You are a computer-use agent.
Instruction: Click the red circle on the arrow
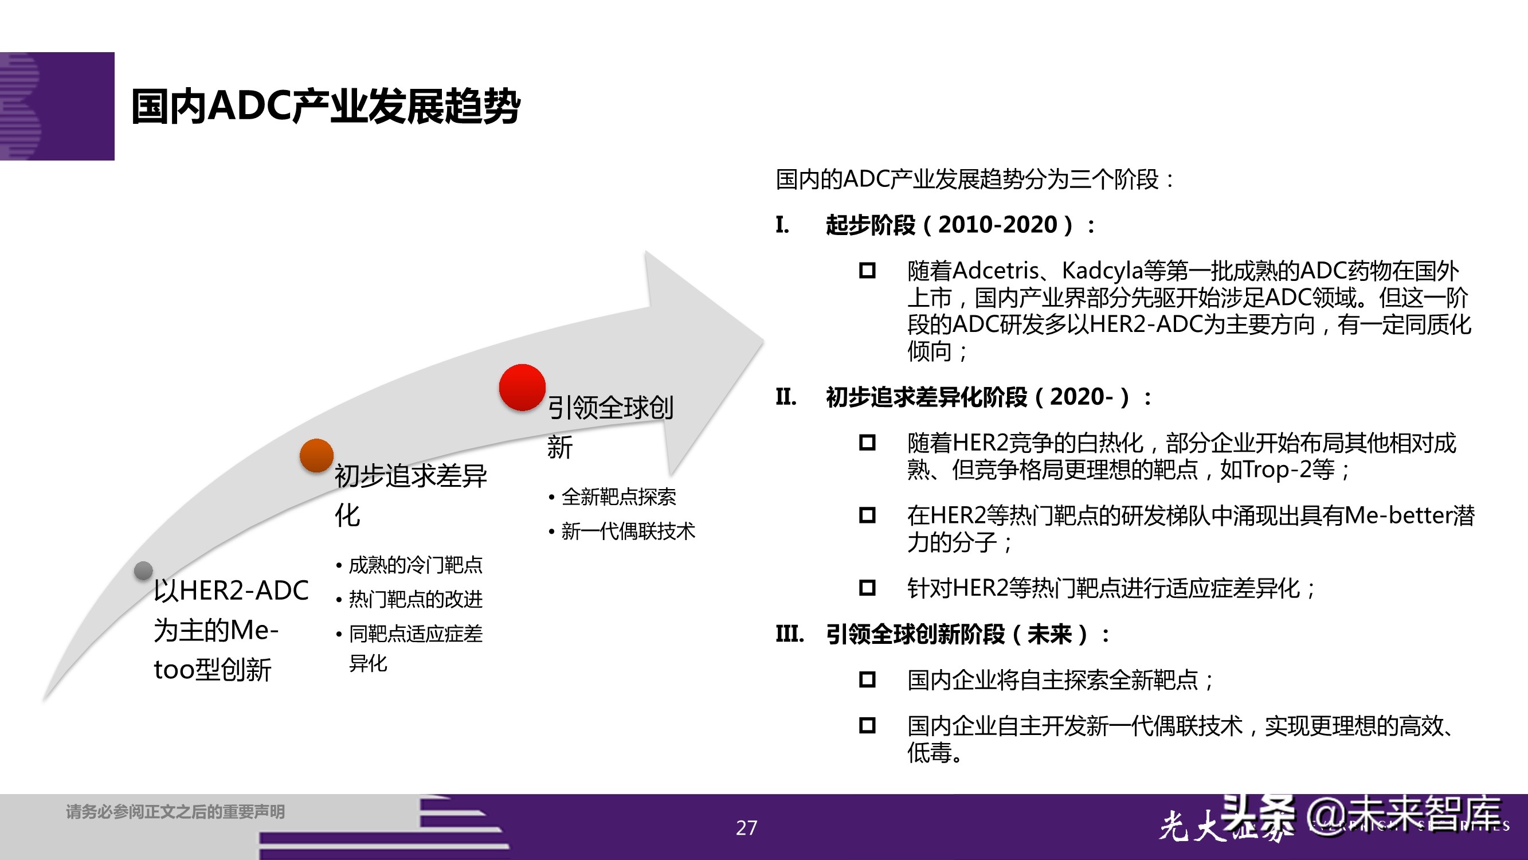pos(522,387)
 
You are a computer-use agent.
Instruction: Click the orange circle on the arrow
pos(316,455)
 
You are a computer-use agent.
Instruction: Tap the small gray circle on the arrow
pos(143,570)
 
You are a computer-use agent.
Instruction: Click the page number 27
pos(746,827)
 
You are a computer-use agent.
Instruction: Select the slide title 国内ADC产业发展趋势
pos(325,107)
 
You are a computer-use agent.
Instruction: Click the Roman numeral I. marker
pos(782,225)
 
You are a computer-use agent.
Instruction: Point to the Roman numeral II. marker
pos(785,397)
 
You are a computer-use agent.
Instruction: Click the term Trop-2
pos(1276,470)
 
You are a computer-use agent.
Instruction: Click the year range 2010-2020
pos(998,225)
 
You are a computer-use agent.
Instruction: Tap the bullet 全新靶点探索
pos(618,497)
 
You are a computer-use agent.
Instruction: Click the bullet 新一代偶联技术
pos(628,531)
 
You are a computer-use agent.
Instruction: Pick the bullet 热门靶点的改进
pos(415,600)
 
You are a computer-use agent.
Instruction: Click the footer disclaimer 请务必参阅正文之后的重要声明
pos(175,811)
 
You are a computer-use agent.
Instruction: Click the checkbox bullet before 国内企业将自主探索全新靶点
pos(867,679)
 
